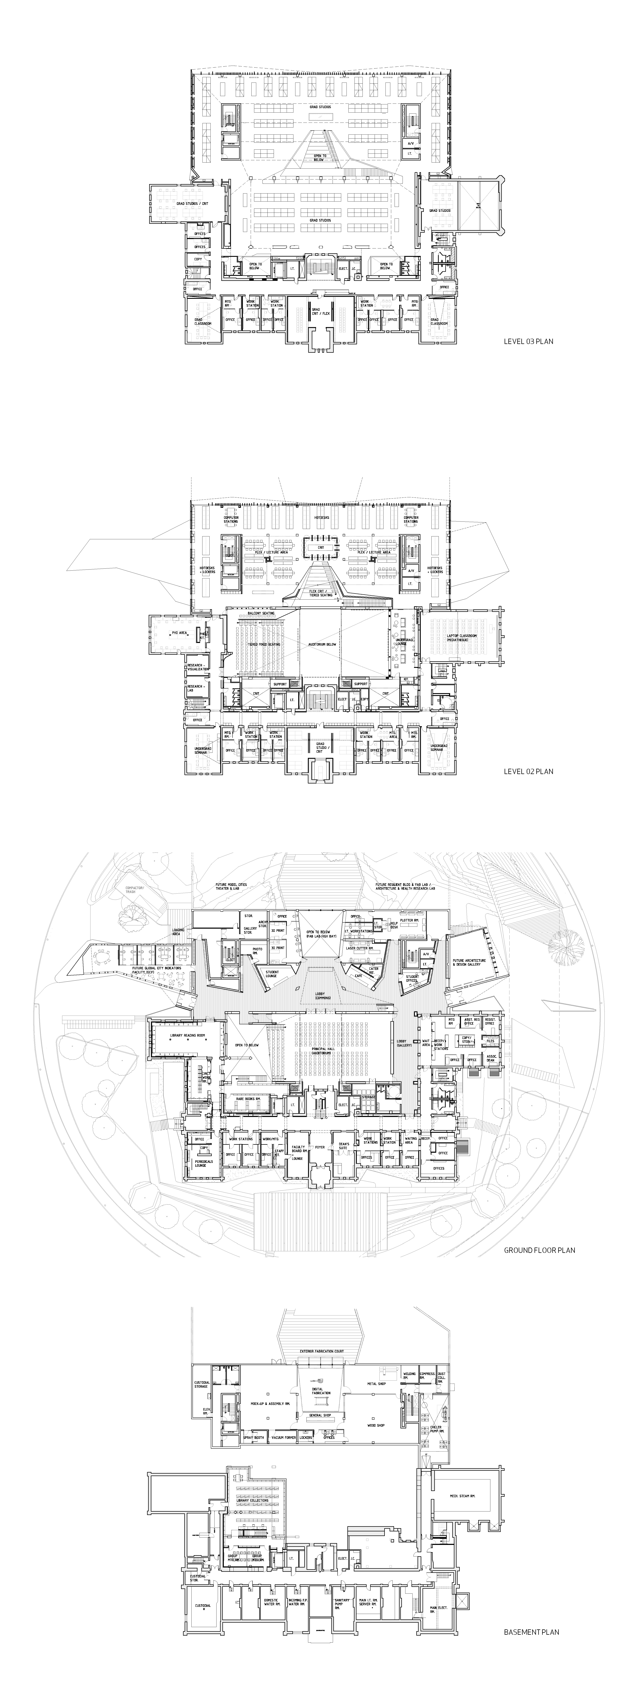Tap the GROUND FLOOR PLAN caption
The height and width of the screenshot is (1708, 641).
click(539, 1250)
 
